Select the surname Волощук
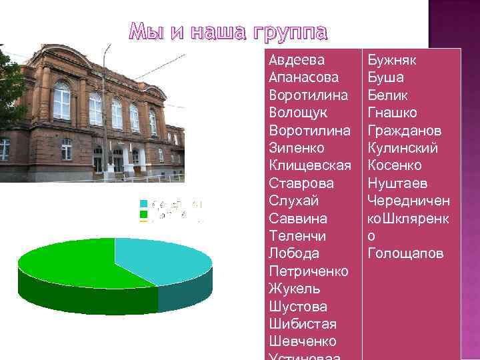point(297,113)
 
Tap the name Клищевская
point(309,165)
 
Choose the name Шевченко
point(302,341)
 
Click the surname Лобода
point(293,254)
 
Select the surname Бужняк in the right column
point(392,61)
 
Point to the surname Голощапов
point(405,254)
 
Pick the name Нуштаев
point(397,183)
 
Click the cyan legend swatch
point(143,204)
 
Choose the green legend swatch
point(143,215)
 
